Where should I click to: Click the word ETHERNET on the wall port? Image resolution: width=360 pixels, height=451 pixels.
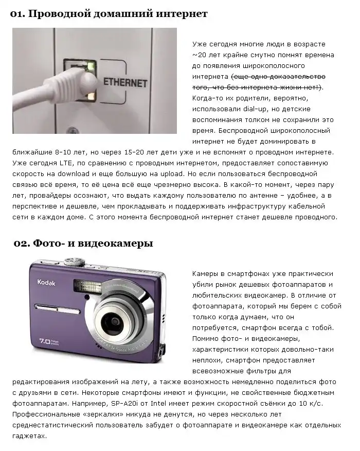click(125, 82)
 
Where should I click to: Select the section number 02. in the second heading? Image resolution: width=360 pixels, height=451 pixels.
click(22, 244)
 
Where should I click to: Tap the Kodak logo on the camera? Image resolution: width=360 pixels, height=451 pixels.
click(46, 282)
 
